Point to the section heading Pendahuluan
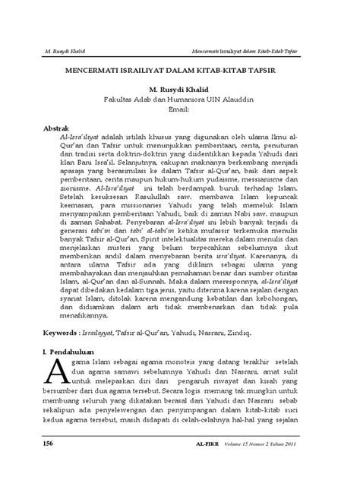point(81,353)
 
